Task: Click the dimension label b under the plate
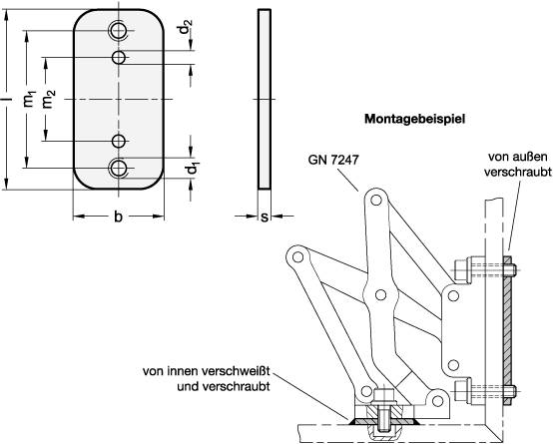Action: coord(118,217)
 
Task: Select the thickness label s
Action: coord(265,218)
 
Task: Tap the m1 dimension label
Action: coord(30,99)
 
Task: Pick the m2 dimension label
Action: coord(49,99)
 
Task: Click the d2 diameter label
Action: coord(186,27)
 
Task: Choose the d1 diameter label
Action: coord(193,168)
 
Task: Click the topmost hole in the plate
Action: coord(119,31)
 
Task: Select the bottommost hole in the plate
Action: coord(119,168)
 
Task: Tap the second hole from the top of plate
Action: coord(119,57)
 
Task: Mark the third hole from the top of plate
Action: coord(119,141)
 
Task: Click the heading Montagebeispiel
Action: coord(415,119)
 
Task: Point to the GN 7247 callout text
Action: coord(333,160)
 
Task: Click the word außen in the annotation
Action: coord(531,157)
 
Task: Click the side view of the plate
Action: coord(265,99)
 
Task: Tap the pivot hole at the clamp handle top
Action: coord(376,201)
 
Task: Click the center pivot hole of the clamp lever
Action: coord(380,294)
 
